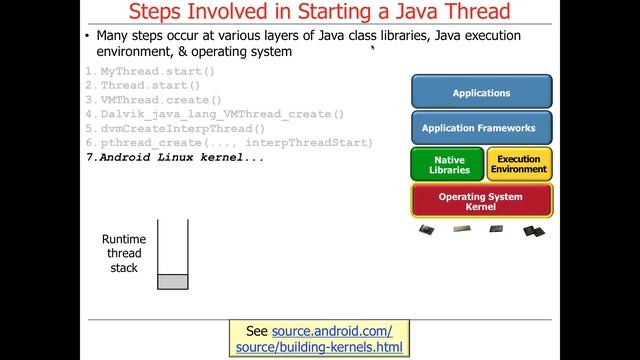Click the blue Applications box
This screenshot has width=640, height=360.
tap(481, 92)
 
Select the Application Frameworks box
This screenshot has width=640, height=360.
tap(481, 128)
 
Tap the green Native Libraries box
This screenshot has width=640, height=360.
tap(445, 164)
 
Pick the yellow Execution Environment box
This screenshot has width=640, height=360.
tap(518, 164)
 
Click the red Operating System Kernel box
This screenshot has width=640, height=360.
tap(481, 201)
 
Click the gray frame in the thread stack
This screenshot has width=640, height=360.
tap(172, 282)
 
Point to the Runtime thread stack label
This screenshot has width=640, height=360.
tap(125, 254)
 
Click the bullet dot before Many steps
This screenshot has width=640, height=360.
tap(88, 36)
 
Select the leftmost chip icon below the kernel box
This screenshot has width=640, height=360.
tap(427, 229)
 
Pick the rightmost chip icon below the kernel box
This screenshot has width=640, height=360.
tap(533, 230)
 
